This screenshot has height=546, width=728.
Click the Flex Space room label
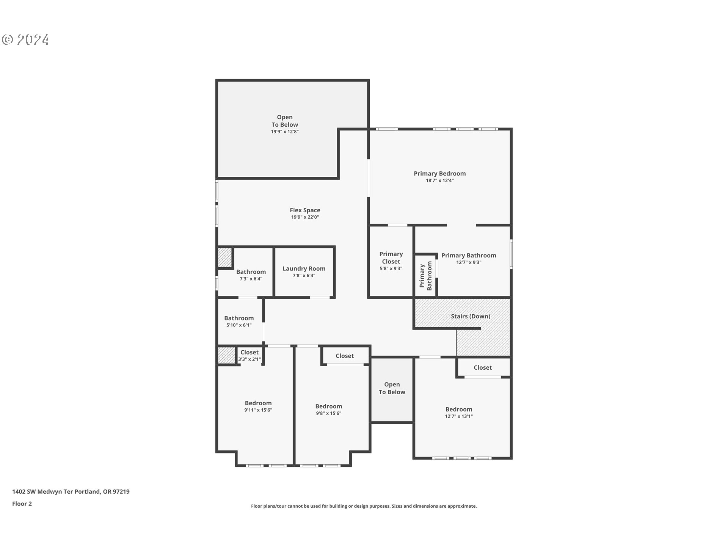305,210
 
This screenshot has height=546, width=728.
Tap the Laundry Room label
304,268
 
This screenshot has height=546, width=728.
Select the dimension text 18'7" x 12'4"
439,180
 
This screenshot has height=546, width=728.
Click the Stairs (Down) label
470,316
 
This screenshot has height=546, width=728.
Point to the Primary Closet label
391,258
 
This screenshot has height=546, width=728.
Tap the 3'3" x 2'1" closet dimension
249,359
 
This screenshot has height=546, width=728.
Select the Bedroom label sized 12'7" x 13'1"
459,409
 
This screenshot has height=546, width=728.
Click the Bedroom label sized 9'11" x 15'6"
258,403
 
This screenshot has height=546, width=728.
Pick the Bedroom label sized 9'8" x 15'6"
328,406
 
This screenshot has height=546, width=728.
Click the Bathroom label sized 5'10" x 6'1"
239,318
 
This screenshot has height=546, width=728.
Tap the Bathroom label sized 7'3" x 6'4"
251,272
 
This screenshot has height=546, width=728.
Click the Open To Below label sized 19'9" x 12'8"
284,121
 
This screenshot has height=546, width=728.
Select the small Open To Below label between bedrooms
392,388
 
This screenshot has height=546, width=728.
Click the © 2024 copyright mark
25,40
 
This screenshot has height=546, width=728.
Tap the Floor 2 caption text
22,504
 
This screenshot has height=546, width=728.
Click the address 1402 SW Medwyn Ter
71,491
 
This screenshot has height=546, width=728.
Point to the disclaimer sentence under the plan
364,506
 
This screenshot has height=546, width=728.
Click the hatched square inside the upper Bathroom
224,257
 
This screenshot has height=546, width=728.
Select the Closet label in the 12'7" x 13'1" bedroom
482,367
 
